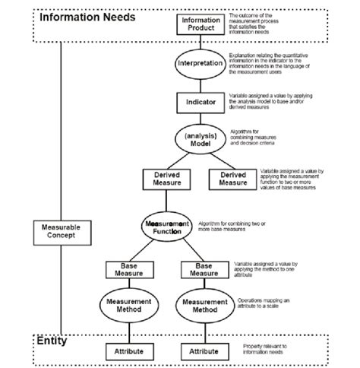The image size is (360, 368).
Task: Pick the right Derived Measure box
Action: (233, 179)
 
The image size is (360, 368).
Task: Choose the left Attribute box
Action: (128, 351)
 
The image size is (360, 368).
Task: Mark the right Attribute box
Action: (204, 351)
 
